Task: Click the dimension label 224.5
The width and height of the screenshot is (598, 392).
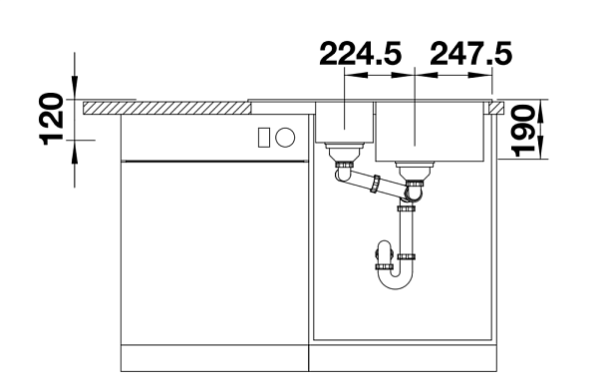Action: pyautogui.click(x=361, y=54)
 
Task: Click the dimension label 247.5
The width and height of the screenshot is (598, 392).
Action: pyautogui.click(x=470, y=54)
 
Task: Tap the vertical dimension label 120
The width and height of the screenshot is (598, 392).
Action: pyautogui.click(x=51, y=119)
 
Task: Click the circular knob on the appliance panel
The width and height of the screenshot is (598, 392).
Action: pyautogui.click(x=285, y=137)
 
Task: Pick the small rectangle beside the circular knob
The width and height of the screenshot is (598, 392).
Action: pyautogui.click(x=264, y=137)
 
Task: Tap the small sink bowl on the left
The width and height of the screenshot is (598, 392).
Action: pyautogui.click(x=345, y=122)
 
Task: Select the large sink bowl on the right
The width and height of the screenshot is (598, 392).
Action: pyautogui.click(x=430, y=132)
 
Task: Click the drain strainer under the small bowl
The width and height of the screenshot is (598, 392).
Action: pyautogui.click(x=345, y=153)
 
